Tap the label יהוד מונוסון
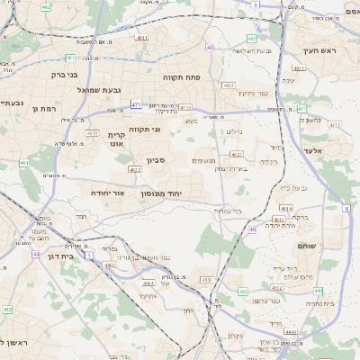162,193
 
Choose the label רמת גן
43,108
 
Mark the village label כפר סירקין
253,93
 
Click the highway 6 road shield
346,208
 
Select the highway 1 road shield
88,255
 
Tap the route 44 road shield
36,254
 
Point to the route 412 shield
6,310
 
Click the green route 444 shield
318,291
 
